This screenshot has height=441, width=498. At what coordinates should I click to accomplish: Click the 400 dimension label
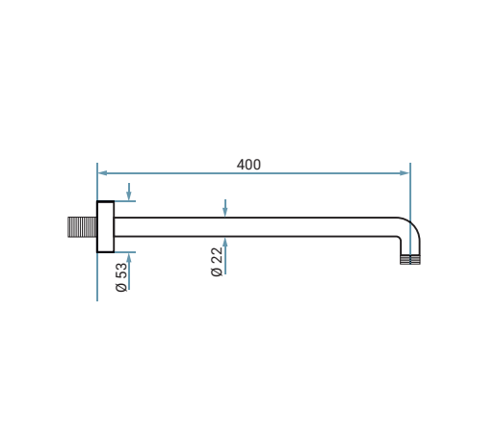[x=249, y=165]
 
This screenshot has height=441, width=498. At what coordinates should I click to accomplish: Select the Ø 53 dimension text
[x=121, y=277]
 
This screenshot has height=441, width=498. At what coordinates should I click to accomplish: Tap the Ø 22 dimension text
[x=217, y=262]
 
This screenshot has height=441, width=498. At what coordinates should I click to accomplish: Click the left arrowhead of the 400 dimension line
[x=102, y=173]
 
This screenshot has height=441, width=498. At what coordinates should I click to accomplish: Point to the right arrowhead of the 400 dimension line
[x=405, y=173]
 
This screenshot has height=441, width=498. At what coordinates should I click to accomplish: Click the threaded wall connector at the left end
[x=82, y=227]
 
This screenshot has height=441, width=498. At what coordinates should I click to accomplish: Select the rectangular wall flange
[x=105, y=227]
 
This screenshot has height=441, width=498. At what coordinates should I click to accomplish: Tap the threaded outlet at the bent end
[x=410, y=260]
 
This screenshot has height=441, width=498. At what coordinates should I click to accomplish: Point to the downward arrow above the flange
[x=129, y=192]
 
